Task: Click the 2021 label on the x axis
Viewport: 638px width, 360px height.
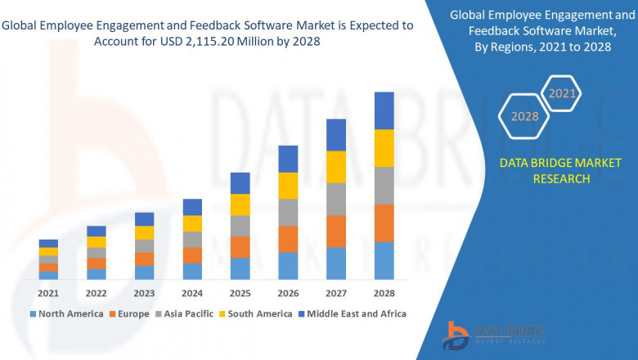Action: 48,293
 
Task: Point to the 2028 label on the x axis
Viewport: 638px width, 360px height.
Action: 384,293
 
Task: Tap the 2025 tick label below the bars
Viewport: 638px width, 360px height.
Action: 240,293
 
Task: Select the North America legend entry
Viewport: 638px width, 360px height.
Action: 66,313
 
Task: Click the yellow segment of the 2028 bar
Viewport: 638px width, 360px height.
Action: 384,148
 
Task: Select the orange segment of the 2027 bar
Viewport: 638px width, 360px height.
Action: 336,231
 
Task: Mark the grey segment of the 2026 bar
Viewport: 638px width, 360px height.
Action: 288,212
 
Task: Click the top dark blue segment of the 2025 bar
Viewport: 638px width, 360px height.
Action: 240,182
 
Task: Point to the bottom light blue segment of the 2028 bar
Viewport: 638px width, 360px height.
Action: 384,260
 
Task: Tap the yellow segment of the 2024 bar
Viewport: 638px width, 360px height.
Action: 192,223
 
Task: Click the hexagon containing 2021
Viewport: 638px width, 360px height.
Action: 562,94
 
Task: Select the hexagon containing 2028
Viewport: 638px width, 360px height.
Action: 524,116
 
